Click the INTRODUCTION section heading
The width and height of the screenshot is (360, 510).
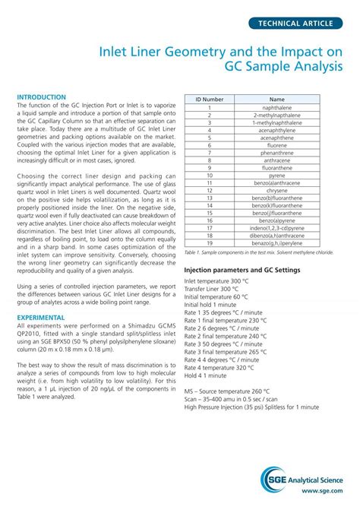pos(42,97)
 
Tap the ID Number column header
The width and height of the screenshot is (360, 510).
pos(209,100)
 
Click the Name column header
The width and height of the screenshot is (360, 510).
pos(276,100)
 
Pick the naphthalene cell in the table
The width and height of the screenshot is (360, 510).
pos(276,108)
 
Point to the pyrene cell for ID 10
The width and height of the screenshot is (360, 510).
pos(276,175)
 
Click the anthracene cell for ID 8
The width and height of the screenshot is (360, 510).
pos(276,160)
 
